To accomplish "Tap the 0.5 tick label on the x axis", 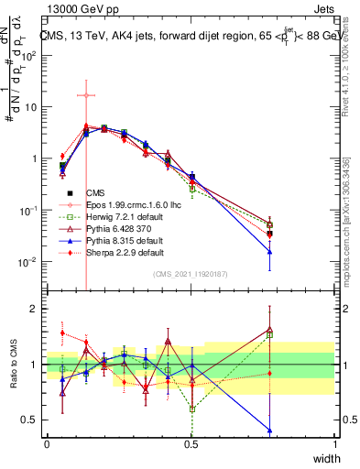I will pyautogui.click(x=191, y=443).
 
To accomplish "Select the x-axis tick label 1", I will pyautogui.click(x=336, y=443).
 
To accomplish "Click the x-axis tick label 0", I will pyautogui.click(x=48, y=443).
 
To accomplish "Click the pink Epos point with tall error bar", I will pyautogui.click(x=85, y=95).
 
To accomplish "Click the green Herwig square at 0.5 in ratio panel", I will pyautogui.click(x=192, y=409).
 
